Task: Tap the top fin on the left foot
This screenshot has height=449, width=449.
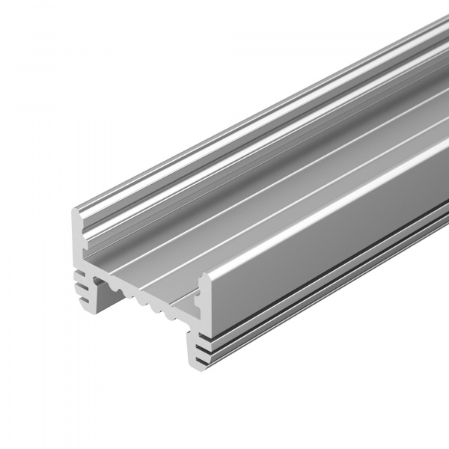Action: tap(79, 272)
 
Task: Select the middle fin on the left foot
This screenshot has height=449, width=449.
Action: tap(79, 282)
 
